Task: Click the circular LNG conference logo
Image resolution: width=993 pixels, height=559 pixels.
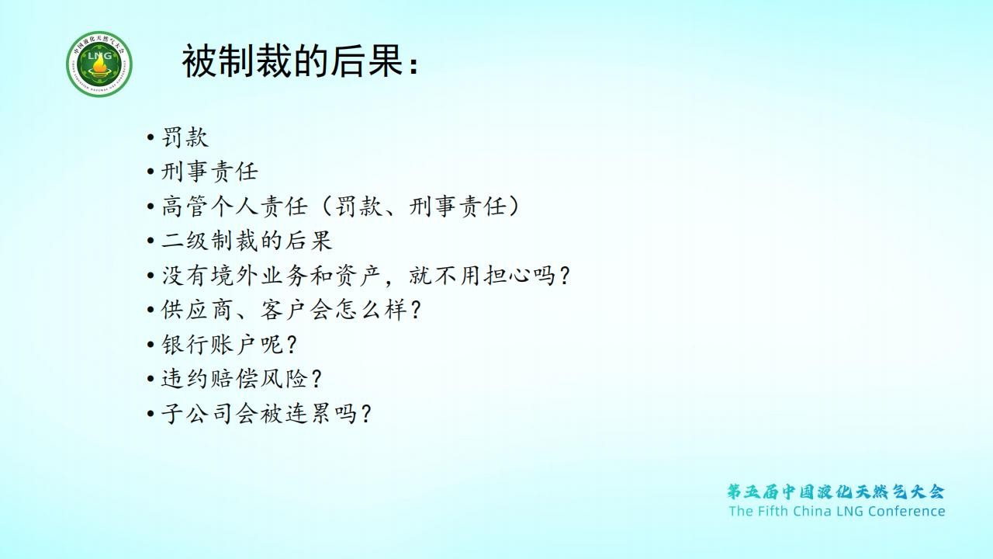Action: [x=99, y=64]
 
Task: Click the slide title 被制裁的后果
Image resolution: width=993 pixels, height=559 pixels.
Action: [x=293, y=61]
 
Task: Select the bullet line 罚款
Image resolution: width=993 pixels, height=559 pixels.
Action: [x=185, y=137]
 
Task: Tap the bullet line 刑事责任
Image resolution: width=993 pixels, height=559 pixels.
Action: [x=209, y=172]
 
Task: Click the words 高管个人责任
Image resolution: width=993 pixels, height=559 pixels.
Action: [x=234, y=207]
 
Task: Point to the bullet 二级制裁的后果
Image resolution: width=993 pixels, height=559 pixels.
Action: [x=247, y=241]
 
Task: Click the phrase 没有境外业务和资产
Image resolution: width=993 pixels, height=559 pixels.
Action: [x=272, y=276]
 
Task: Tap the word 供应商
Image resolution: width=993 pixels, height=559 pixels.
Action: [x=197, y=310]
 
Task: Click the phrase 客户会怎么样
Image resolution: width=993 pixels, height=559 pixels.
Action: [x=334, y=310]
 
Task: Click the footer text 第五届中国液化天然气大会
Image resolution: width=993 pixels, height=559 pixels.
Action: [x=836, y=491]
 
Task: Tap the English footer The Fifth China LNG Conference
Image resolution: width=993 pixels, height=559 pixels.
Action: [x=837, y=511]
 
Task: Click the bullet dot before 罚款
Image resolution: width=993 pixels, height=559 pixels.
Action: [x=151, y=137]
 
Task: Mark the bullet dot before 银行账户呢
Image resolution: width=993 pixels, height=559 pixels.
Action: [x=151, y=345]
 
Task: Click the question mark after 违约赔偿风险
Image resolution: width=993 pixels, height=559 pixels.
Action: [x=317, y=380]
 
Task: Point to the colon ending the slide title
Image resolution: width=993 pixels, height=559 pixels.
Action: [x=413, y=64]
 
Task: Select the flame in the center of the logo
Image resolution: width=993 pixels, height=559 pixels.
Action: [x=99, y=68]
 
